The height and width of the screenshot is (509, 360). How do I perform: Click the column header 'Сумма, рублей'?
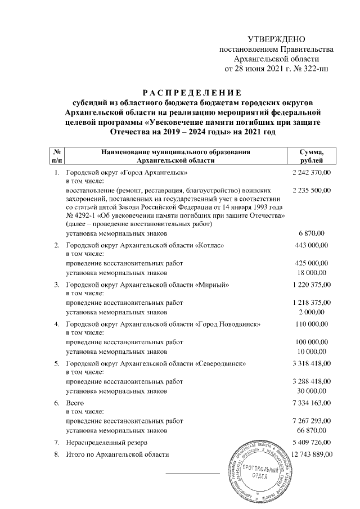pos(312,156)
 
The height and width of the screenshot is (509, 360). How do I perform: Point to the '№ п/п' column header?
pos(57,156)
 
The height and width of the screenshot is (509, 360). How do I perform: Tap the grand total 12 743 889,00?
pos(310,454)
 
